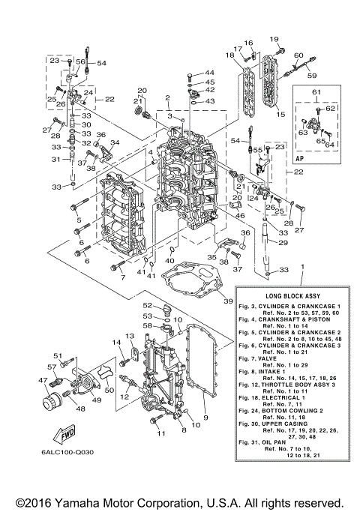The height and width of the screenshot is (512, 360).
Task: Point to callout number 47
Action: pyautogui.click(x=44, y=381)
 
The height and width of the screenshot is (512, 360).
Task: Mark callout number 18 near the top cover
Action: pyautogui.click(x=229, y=55)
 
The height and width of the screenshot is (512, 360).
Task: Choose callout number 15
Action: pyautogui.click(x=280, y=115)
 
